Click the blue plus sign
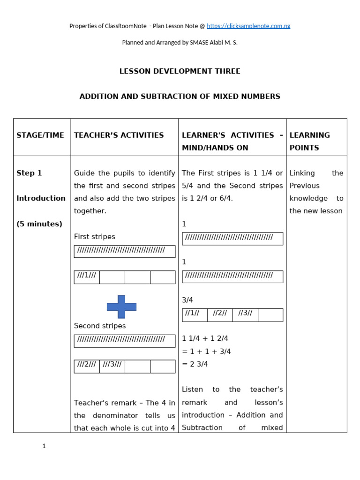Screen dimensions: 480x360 coord(121,307)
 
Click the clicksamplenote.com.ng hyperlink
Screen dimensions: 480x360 coord(248,26)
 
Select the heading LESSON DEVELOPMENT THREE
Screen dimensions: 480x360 coord(180,71)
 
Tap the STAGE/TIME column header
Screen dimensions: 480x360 coord(40,135)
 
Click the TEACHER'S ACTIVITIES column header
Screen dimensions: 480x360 coord(119,135)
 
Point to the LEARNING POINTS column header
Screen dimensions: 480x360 coord(310,141)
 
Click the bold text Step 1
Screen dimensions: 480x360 coord(29,173)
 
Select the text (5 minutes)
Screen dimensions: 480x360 coord(39,224)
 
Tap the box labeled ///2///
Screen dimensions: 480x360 coord(87,366)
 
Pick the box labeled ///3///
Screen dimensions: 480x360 coord(112,366)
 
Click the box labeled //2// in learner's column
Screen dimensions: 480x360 coord(220,315)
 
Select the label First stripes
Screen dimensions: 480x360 coord(95,237)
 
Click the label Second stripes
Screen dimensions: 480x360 coord(100,326)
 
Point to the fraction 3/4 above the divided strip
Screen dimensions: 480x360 coord(187,300)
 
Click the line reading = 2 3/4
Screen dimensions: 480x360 coord(195,364)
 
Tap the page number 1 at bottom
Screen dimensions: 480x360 coord(44,446)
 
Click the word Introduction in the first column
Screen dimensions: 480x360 coord(41,198)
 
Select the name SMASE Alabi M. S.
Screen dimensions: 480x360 coord(213,42)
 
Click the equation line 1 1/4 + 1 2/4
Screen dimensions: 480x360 coord(205,338)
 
